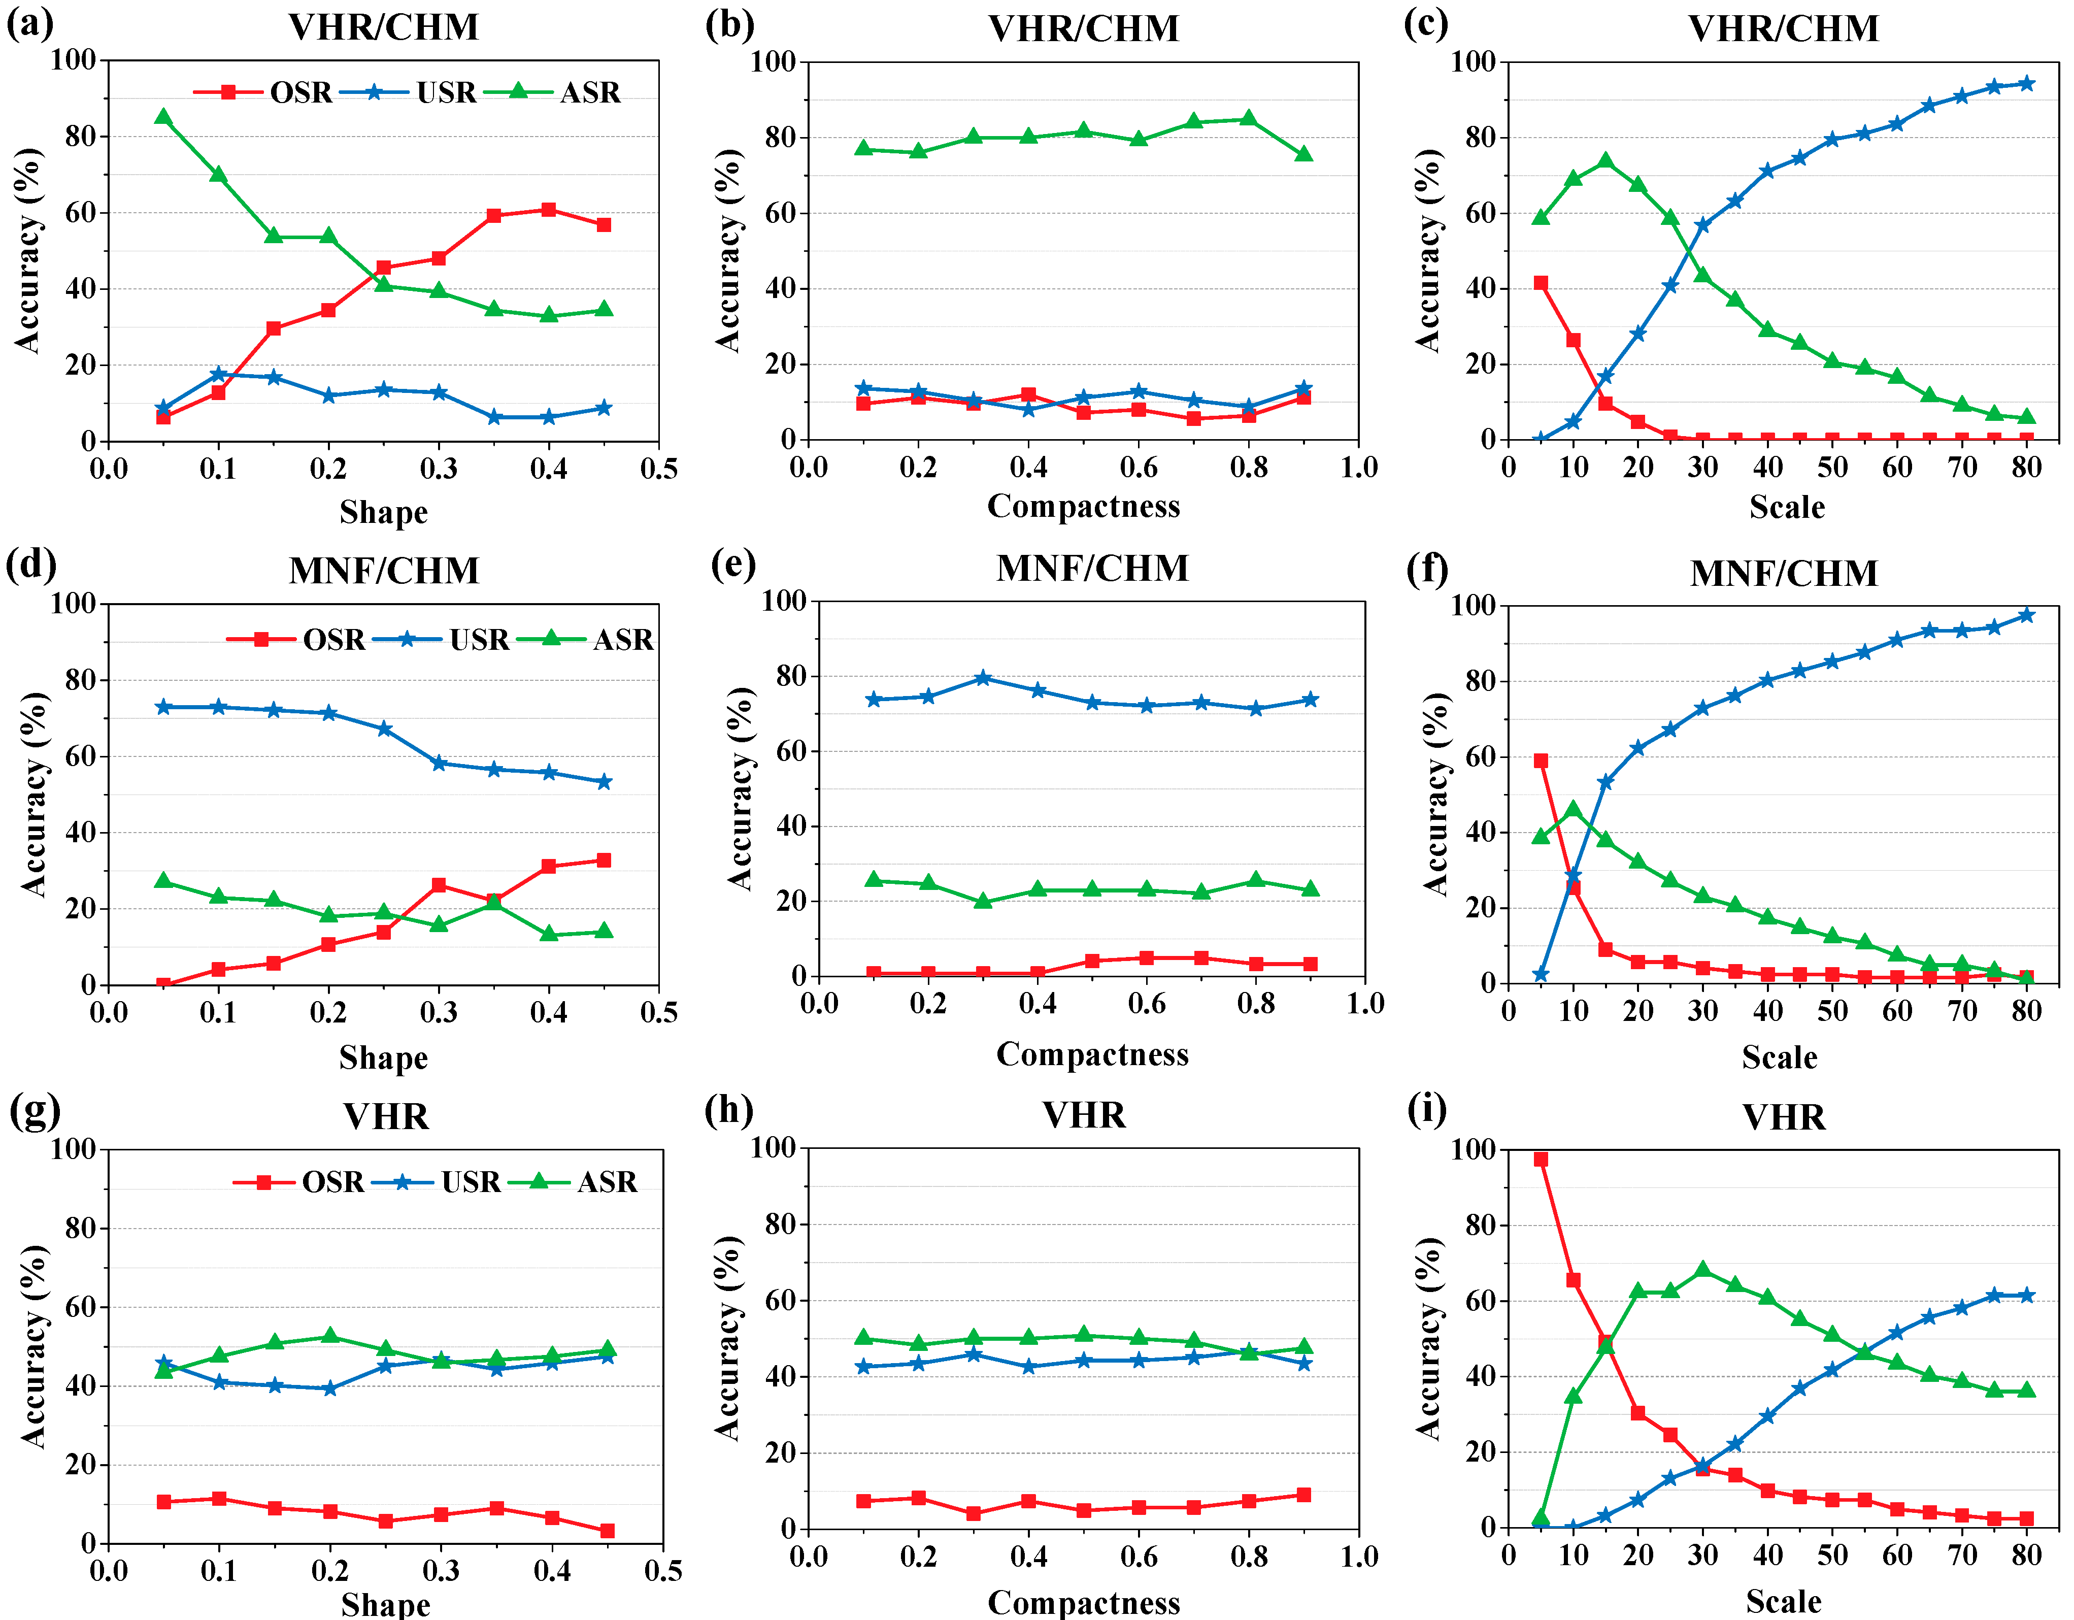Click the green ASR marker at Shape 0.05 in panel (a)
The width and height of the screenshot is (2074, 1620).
click(x=163, y=117)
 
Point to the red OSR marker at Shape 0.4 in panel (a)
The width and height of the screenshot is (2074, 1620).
click(x=549, y=210)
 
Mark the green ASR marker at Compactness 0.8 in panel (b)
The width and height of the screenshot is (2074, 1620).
click(x=1249, y=119)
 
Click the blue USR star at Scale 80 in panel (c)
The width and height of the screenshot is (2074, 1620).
click(x=2026, y=84)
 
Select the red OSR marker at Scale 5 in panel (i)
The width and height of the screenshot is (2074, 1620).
click(x=1541, y=1160)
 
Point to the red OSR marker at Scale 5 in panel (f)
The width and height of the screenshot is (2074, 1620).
click(x=1541, y=761)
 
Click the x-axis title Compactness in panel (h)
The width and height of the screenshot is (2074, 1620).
click(x=1084, y=1602)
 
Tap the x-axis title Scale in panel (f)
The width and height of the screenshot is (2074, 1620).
click(x=1780, y=1057)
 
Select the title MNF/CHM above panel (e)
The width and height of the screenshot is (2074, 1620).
click(x=1092, y=568)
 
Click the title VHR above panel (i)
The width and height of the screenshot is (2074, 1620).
click(x=1784, y=1117)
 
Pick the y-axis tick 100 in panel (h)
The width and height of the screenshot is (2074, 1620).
click(x=773, y=1147)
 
